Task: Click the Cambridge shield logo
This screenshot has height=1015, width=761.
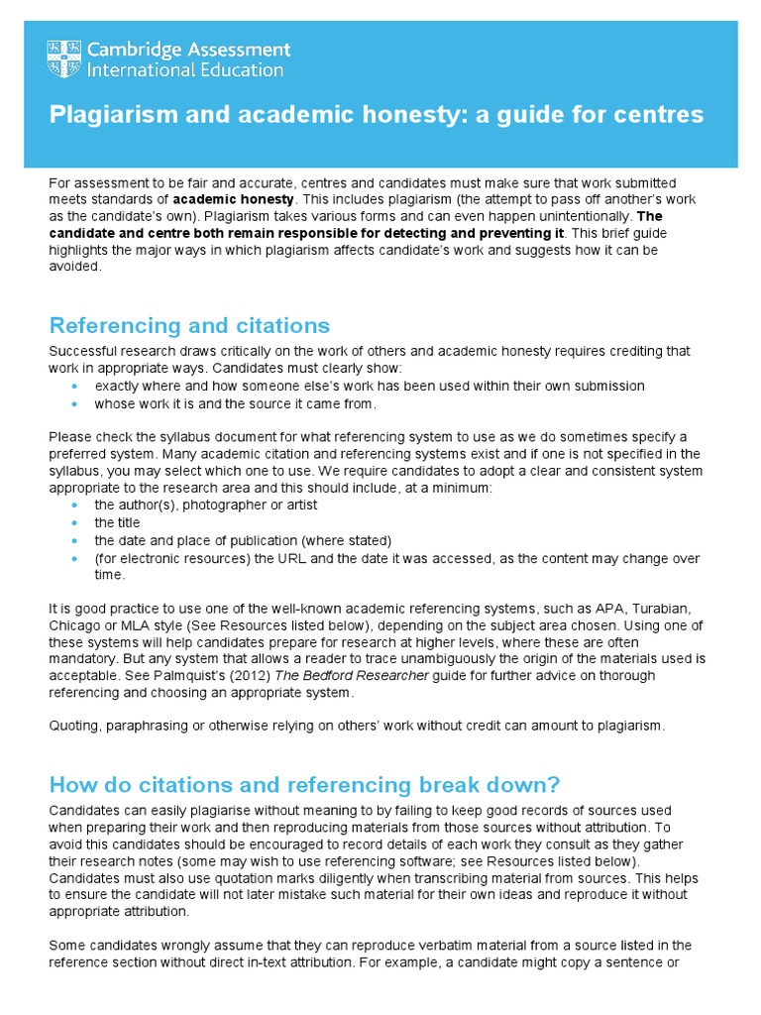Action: click(64, 59)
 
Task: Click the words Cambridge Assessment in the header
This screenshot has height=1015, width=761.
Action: click(188, 50)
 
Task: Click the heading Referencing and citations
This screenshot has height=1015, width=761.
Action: click(189, 325)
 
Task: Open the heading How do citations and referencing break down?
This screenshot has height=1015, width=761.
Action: click(304, 784)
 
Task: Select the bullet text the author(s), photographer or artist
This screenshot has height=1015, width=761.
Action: click(206, 505)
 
